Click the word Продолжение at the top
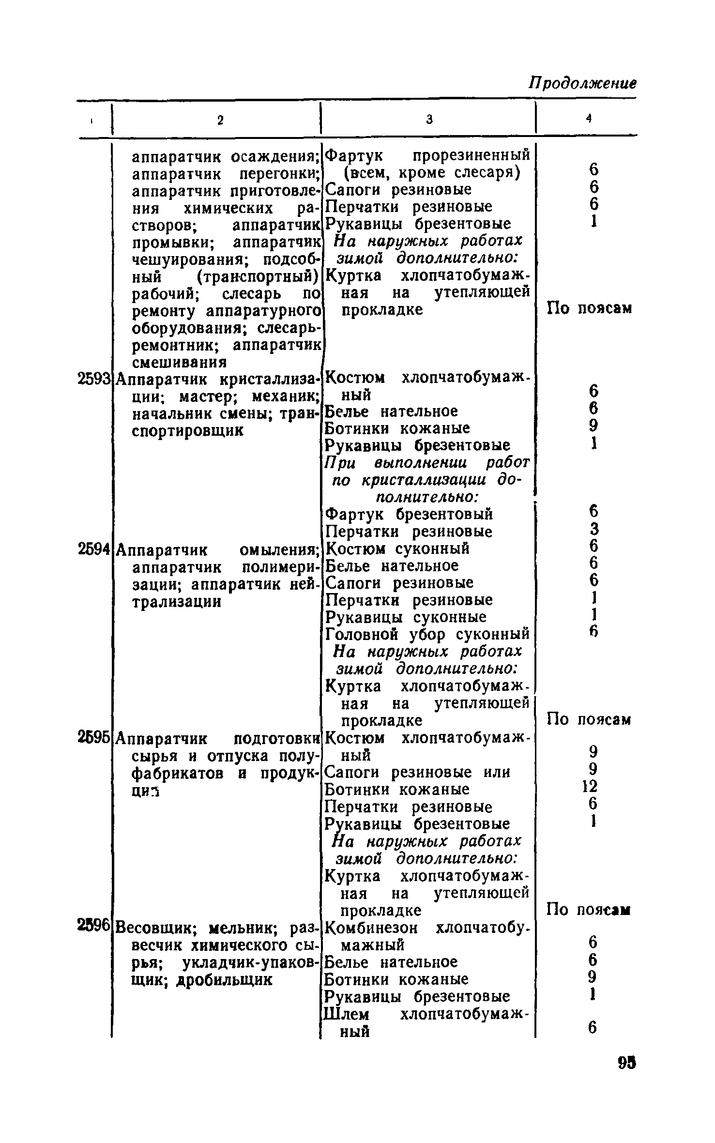582,82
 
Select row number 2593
95,379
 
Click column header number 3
429,120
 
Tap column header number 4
589,118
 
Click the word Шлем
347,1014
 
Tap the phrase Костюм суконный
397,549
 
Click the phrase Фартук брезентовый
409,514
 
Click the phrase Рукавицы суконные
406,617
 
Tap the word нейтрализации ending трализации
177,602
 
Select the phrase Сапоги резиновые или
417,772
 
